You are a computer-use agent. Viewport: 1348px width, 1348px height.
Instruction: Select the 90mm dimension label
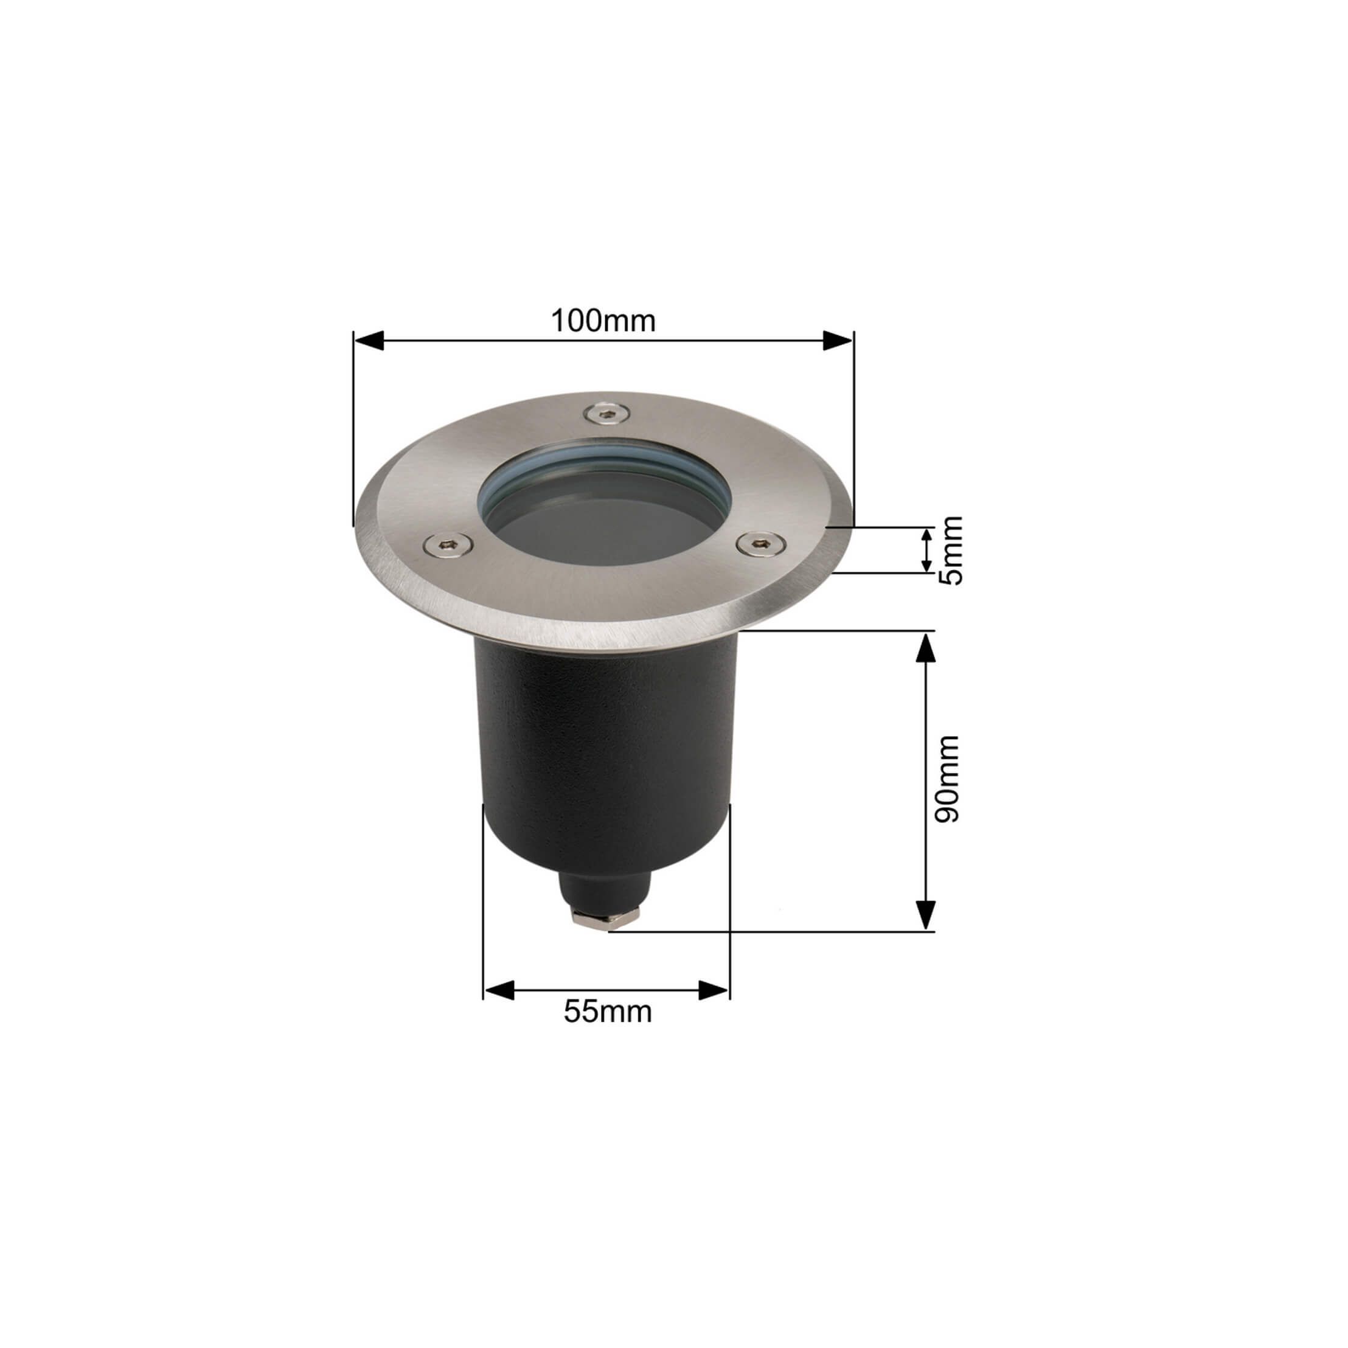click(948, 779)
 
